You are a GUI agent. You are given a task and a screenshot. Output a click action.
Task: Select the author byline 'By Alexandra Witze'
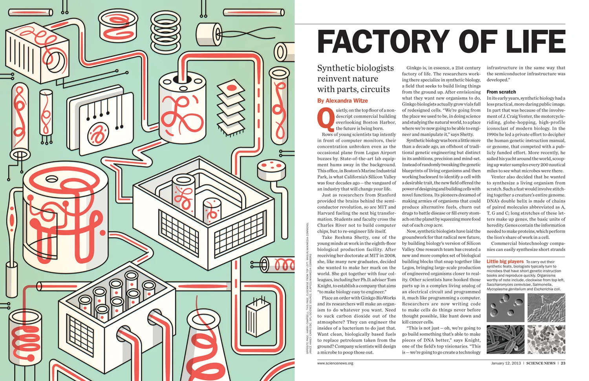342,101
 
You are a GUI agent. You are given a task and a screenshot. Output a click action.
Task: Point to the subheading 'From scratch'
501,92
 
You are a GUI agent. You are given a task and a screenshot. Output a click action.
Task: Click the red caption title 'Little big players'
505,262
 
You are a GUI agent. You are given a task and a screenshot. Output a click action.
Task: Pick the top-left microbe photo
505,308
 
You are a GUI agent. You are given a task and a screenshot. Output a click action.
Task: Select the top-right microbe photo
546,308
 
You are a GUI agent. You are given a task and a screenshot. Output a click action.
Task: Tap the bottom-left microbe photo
505,339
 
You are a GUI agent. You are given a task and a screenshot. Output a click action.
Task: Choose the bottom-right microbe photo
546,339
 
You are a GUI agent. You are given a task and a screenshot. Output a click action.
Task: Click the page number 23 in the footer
563,363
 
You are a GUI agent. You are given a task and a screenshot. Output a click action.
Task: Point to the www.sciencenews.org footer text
335,363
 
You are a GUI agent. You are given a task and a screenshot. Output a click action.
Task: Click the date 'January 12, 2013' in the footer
506,363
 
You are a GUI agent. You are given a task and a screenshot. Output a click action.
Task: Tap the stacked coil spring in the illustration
166,28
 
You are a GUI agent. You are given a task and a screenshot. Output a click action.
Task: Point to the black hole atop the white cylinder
183,79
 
